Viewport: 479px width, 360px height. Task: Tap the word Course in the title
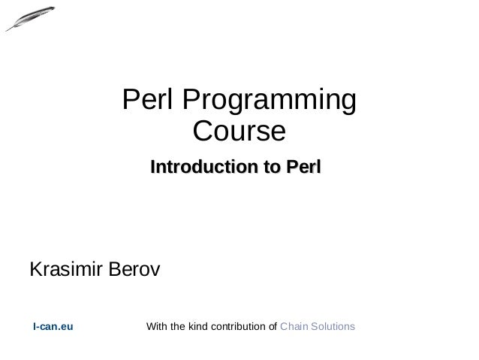point(239,132)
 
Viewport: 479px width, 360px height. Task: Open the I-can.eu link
point(53,327)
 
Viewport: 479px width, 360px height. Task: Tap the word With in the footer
point(156,327)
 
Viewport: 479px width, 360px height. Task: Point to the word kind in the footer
point(199,327)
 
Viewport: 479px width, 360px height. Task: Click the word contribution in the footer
point(239,327)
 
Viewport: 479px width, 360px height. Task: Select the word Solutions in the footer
point(333,327)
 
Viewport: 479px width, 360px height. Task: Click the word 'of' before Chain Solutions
point(273,327)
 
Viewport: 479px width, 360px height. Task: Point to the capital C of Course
point(203,132)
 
